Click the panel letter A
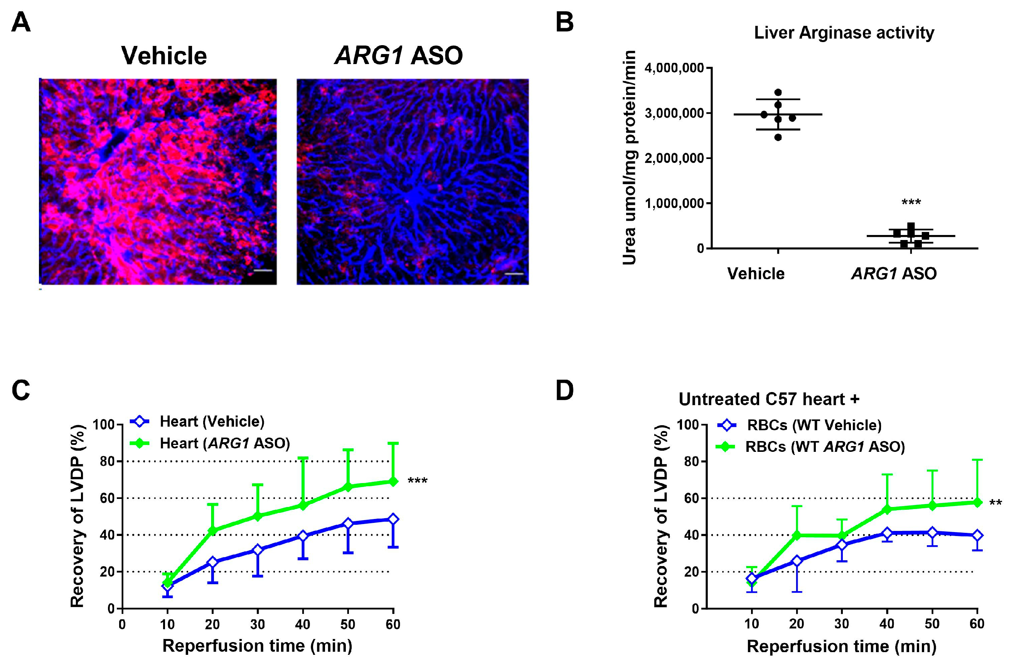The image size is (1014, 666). coord(20,22)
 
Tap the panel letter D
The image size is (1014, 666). coord(564,390)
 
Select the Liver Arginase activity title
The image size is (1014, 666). coord(844,33)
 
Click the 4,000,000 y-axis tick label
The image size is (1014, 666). coord(674,68)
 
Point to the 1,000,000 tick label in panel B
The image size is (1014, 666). coord(674,203)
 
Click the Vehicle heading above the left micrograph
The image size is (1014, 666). coord(164,56)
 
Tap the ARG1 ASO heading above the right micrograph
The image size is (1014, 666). coord(398,56)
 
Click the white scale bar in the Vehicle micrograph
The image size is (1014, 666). coord(263,270)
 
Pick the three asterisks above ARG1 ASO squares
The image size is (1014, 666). coord(911,202)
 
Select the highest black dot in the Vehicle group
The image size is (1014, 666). coord(778,93)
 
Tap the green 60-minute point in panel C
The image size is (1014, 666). coord(393,482)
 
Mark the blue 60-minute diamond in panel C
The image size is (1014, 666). coord(393,519)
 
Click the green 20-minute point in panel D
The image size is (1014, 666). coord(797,535)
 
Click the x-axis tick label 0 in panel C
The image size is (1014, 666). coord(122,625)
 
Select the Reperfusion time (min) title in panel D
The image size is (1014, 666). coord(841,646)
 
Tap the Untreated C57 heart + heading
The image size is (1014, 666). coord(769,399)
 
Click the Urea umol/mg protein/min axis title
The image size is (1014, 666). coord(629,158)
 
